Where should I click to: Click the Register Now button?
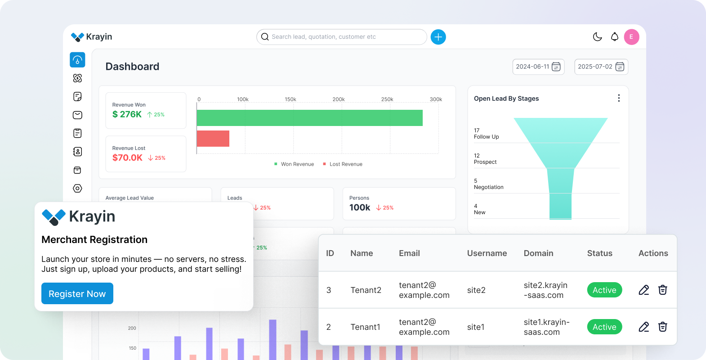point(77,293)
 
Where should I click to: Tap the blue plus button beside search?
point(438,37)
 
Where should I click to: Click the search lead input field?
point(342,37)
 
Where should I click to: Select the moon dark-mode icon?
point(597,37)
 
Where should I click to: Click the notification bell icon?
point(614,37)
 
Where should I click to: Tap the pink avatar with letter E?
point(631,37)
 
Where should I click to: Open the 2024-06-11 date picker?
point(538,67)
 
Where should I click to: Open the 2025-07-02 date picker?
point(601,67)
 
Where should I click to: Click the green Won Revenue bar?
point(309,118)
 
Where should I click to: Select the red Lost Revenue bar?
point(213,139)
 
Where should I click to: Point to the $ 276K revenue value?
point(127,114)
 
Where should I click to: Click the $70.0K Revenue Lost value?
point(127,157)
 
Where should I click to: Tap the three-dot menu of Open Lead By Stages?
point(619,98)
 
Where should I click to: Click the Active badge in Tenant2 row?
point(604,290)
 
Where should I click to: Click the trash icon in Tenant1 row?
point(662,327)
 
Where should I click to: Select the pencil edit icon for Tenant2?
point(643,290)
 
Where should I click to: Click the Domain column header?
point(538,253)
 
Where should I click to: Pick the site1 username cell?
point(476,327)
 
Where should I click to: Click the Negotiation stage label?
point(488,187)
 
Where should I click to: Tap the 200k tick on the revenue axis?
point(339,99)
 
